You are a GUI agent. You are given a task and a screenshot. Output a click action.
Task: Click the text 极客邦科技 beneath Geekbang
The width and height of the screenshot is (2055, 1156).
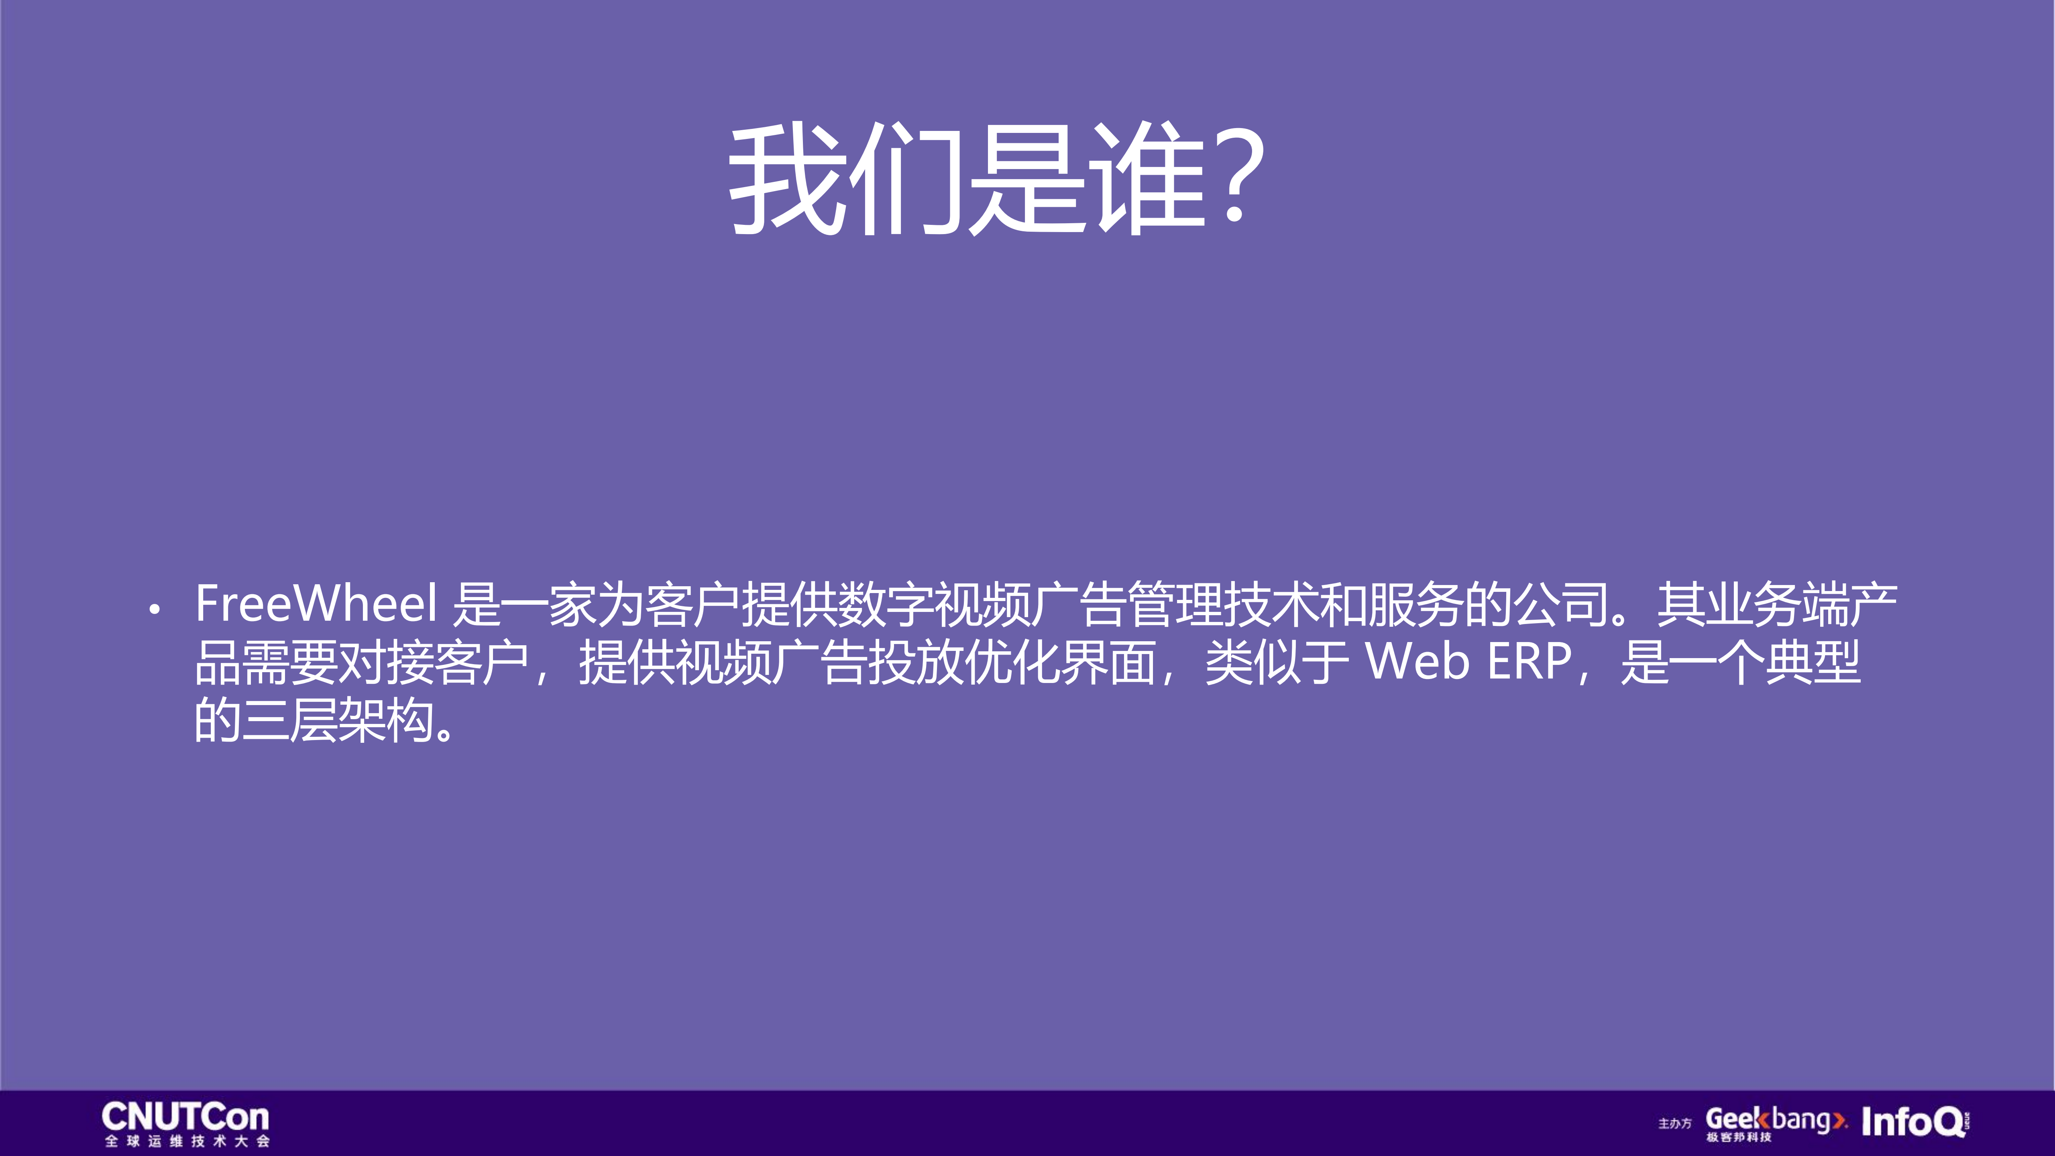[x=1739, y=1138]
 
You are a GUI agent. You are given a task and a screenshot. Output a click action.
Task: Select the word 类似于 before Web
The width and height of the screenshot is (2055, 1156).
[x=1277, y=662]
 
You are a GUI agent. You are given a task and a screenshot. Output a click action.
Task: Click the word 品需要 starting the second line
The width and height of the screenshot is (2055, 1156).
[x=267, y=662]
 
